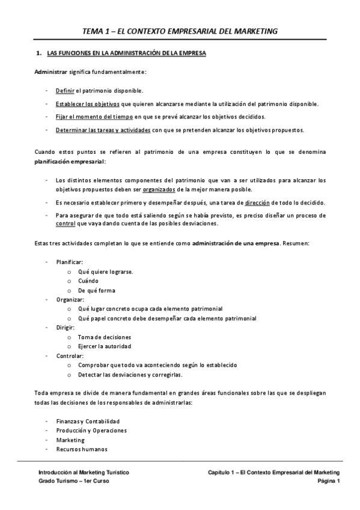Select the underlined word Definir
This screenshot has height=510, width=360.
pos(64,91)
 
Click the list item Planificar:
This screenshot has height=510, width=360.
pos(69,262)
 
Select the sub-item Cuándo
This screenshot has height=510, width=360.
pos(88,280)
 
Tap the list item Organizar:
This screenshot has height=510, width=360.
pos(70,299)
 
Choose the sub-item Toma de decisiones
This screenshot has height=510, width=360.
pos(104,337)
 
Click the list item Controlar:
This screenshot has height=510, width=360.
pos(70,355)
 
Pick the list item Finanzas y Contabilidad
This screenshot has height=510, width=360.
pos(88,421)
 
